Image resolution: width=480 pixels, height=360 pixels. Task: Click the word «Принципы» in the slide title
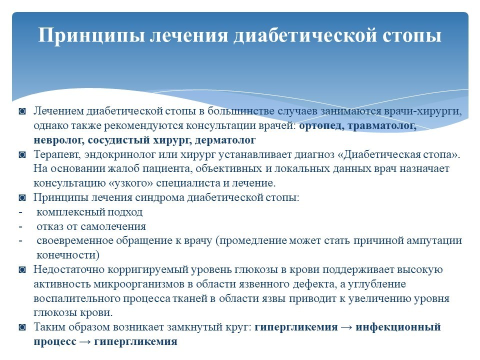pos(91,35)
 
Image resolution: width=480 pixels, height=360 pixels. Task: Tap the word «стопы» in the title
pos(412,35)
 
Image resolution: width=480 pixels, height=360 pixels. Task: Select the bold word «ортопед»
pos(320,126)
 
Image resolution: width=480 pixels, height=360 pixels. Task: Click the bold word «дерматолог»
pos(225,140)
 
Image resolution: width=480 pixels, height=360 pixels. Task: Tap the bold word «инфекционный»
pos(398,327)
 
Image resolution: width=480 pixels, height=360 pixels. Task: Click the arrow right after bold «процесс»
pos(85,341)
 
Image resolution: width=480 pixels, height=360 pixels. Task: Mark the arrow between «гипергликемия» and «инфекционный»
pos(346,327)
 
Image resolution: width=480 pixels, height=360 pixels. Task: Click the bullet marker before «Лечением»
pos(22,111)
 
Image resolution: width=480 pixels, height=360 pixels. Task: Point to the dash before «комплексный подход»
pos(20,212)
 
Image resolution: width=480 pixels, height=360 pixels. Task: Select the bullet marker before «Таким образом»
pos(22,327)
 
